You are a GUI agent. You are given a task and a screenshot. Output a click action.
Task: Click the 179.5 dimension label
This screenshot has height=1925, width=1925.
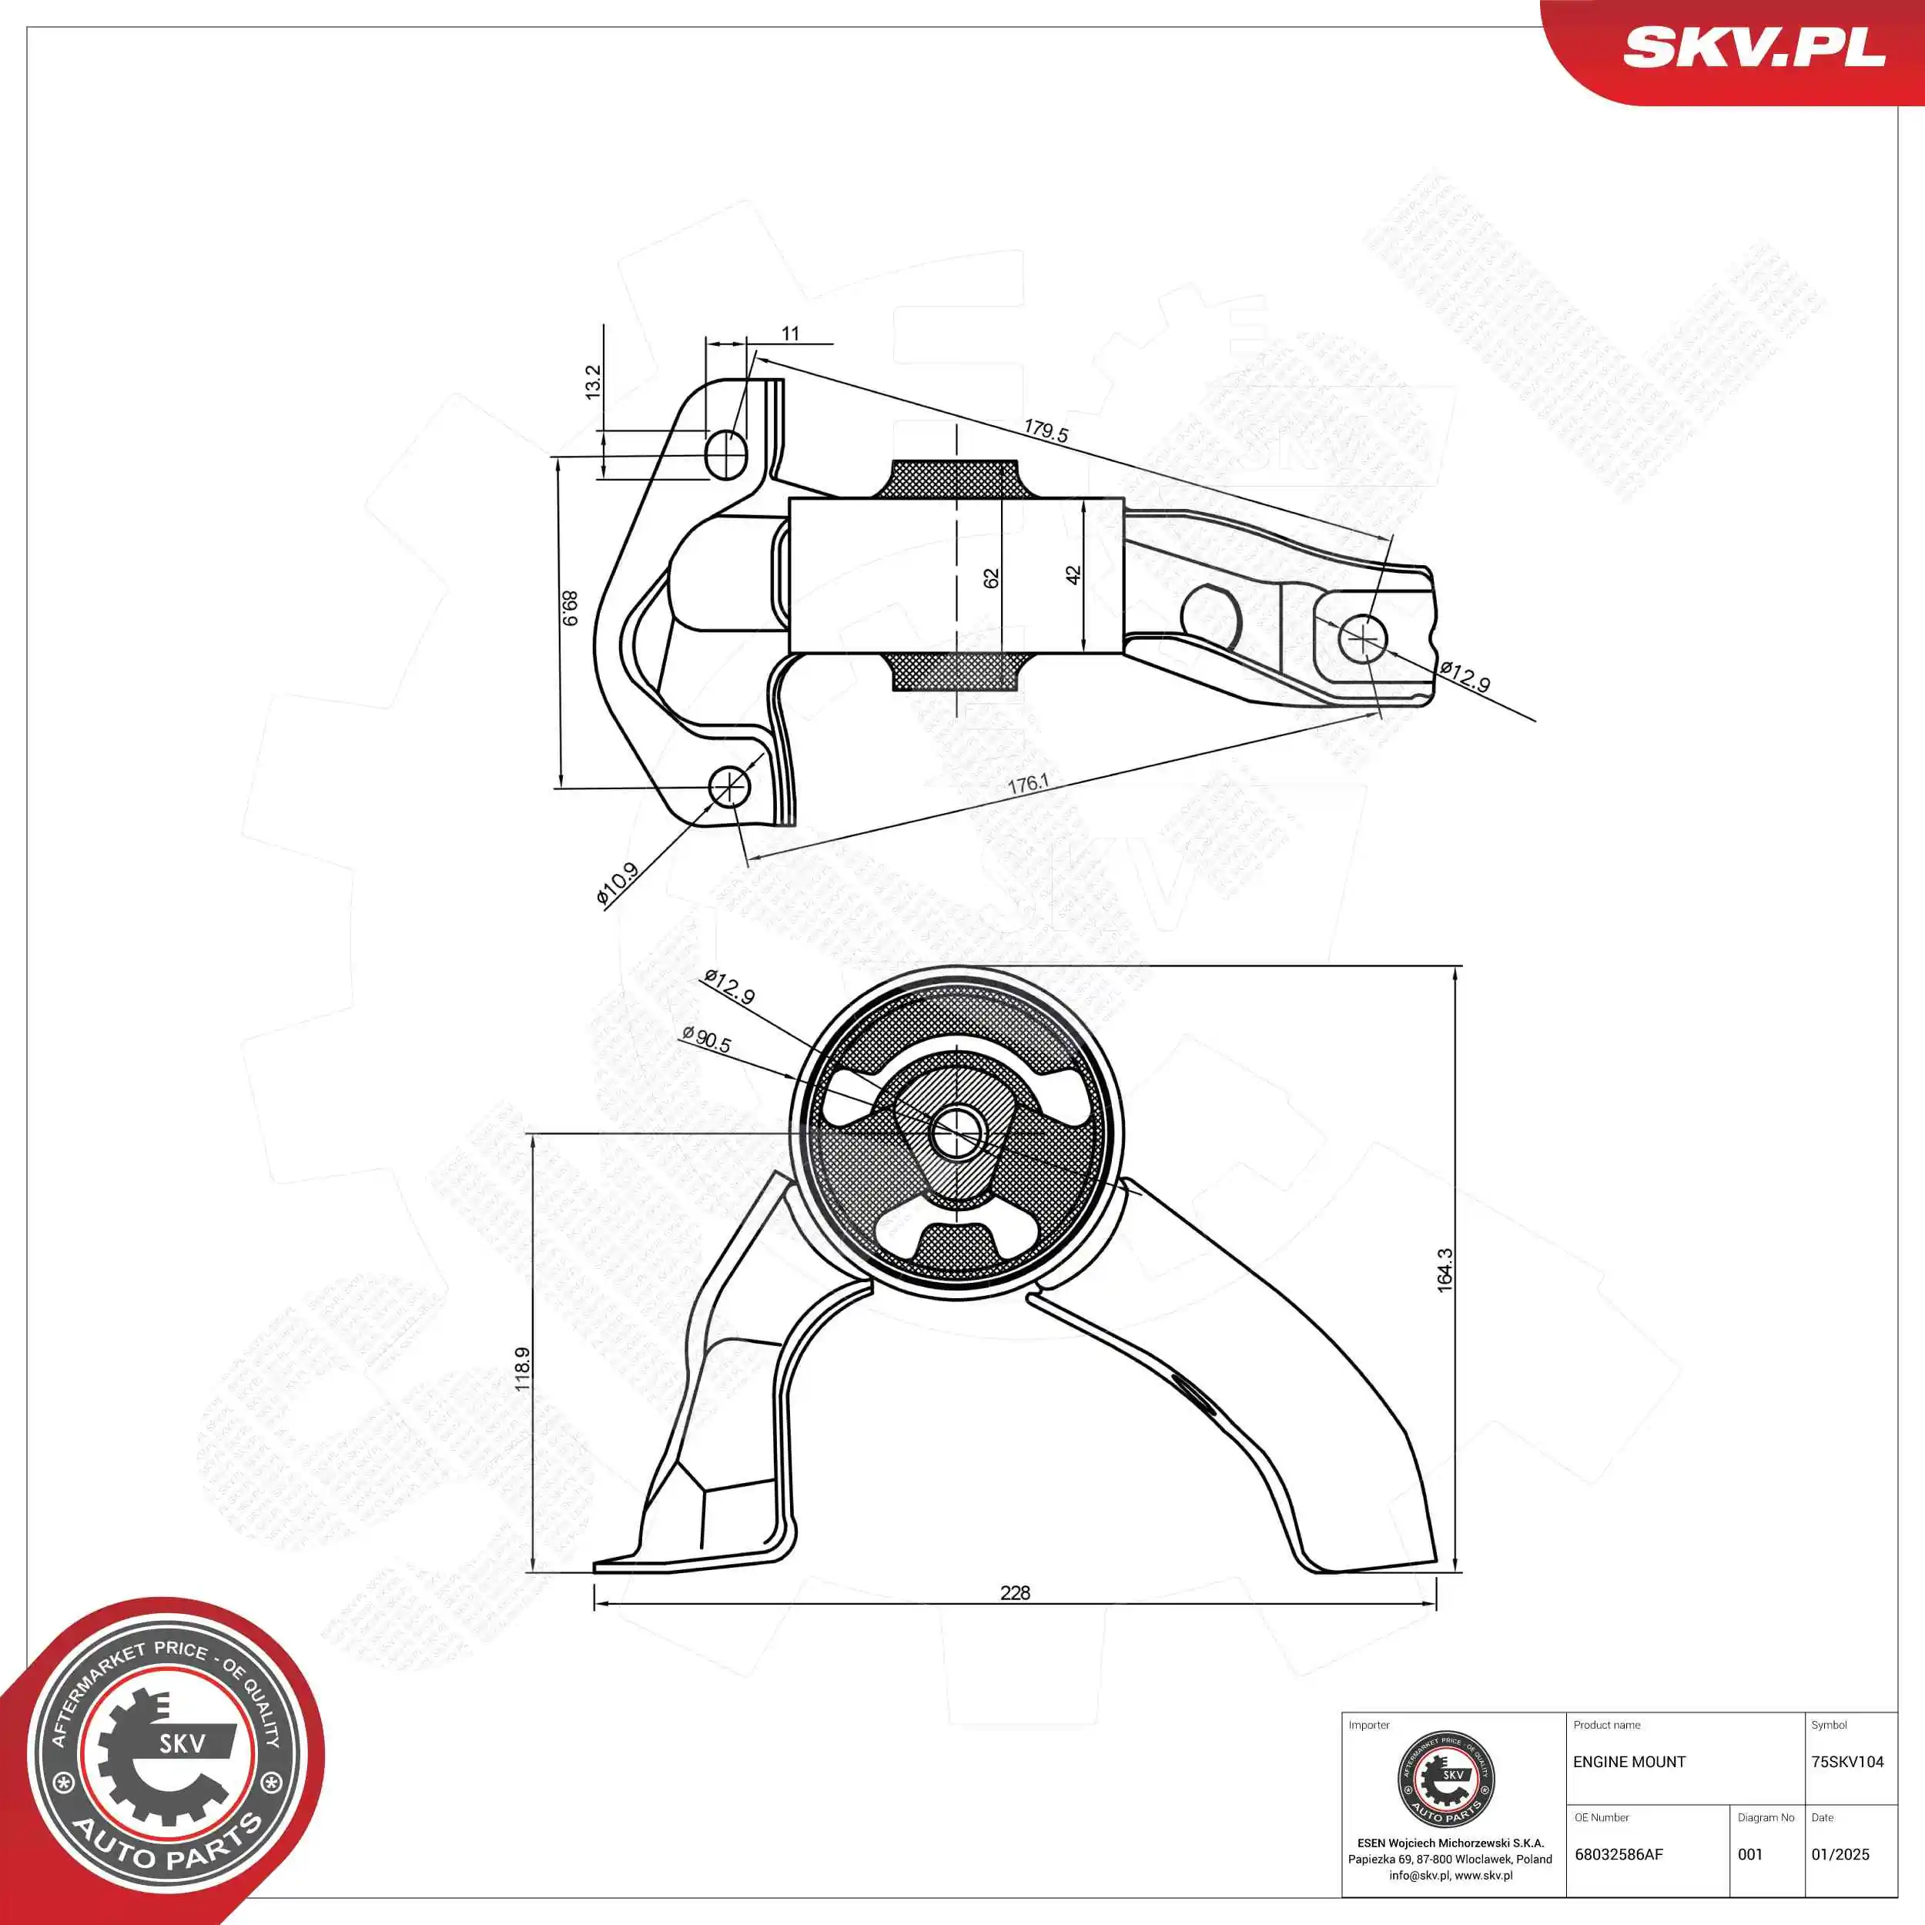[1045, 430]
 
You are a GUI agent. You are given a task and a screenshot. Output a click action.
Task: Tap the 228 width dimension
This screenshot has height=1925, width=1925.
[1014, 1592]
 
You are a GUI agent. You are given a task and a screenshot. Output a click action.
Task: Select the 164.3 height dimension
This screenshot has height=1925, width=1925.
[1445, 1270]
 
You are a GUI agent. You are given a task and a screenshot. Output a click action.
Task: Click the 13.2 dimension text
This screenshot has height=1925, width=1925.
[593, 383]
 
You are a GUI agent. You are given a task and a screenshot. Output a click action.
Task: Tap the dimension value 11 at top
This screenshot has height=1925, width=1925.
[790, 333]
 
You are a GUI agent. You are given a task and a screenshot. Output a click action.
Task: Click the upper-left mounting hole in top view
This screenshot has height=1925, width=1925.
[725, 454]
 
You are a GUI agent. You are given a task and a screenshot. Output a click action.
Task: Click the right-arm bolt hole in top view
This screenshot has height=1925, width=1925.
[1361, 638]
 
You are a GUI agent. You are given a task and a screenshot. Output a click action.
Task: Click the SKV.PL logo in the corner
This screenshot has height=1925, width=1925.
[1753, 48]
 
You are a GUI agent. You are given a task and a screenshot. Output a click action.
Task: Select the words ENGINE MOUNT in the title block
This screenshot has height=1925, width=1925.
[1629, 1762]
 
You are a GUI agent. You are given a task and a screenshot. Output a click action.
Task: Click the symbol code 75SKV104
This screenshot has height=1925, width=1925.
[1847, 1762]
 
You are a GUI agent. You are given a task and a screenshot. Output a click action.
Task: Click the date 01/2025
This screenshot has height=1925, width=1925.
[1840, 1854]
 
